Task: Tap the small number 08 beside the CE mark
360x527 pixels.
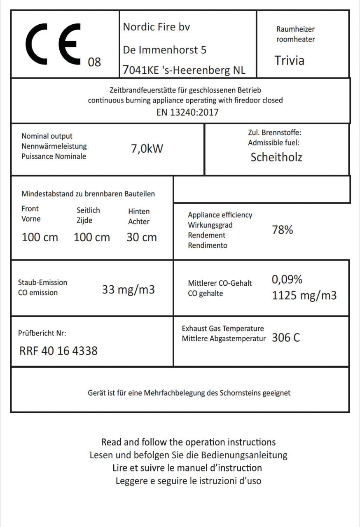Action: [94, 62]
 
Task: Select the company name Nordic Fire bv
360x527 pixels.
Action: [157, 27]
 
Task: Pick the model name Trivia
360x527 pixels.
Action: [290, 61]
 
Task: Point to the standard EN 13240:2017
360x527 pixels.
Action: [187, 112]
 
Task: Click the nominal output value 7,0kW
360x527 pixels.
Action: [147, 148]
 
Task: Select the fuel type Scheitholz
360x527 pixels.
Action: [276, 157]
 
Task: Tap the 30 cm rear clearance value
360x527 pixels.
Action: [142, 238]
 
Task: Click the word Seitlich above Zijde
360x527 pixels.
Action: [88, 210]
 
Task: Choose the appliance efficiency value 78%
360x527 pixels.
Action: [282, 230]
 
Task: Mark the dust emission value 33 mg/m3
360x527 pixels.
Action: [128, 289]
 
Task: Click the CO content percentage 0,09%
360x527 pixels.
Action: [287, 280]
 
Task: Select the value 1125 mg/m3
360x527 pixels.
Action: [304, 296]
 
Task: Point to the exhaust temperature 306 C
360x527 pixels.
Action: [286, 338]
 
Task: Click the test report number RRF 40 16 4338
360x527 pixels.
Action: [58, 351]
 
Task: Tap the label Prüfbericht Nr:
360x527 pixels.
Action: [42, 333]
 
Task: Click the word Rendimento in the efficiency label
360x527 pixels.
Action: [207, 245]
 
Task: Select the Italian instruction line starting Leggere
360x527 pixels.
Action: [188, 481]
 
